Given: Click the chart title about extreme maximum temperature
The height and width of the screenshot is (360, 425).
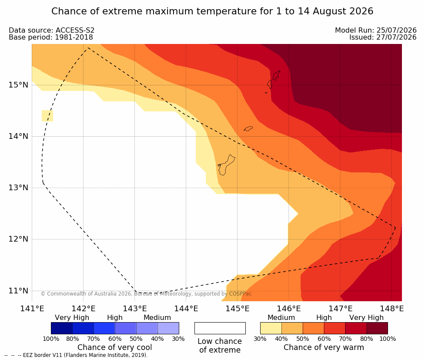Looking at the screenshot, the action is click(212, 11).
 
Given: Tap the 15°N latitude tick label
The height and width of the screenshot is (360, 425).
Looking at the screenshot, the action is click(18, 85).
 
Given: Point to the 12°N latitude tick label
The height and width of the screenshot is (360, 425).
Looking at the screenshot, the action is click(18, 239).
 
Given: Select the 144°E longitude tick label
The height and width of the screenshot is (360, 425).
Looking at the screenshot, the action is click(186, 309).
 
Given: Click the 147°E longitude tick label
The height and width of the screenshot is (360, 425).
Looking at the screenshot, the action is click(341, 309).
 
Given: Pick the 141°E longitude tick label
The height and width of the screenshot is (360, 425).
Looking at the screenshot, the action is click(32, 309).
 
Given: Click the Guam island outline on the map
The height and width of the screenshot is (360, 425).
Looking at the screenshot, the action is click(226, 165).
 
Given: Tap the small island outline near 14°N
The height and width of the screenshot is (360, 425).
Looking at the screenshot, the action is click(248, 128).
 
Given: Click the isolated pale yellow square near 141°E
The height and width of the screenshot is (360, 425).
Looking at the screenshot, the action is click(47, 116).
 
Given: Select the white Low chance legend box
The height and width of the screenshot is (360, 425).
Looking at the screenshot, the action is click(220, 328).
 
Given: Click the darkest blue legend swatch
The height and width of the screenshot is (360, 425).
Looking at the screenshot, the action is click(62, 328).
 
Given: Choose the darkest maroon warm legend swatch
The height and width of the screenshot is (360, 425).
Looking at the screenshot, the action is click(377, 328).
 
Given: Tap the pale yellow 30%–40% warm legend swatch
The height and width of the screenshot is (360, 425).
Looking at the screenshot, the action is click(271, 328).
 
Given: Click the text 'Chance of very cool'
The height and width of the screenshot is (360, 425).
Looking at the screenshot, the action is click(115, 347).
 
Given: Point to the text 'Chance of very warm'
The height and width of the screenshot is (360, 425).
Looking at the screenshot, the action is click(324, 347).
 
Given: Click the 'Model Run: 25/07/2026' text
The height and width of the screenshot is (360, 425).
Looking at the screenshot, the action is click(376, 30).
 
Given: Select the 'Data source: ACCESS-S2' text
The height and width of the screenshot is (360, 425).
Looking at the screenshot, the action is click(51, 30).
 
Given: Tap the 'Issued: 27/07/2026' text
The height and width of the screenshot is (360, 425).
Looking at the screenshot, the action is click(383, 37).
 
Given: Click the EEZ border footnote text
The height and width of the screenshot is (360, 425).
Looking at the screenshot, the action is click(76, 355).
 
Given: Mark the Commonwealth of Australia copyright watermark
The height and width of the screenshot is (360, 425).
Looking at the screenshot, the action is click(146, 294).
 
